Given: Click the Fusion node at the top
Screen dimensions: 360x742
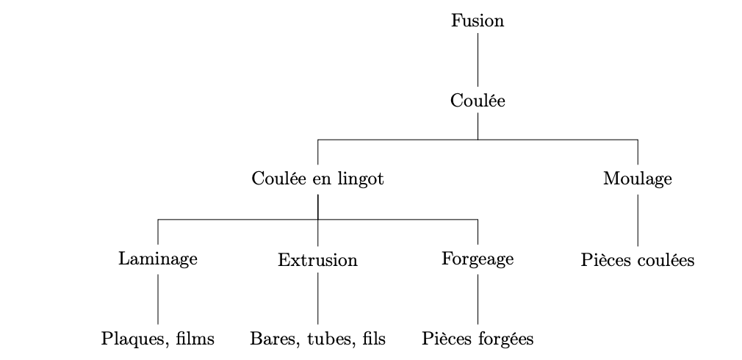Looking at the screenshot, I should [x=478, y=21].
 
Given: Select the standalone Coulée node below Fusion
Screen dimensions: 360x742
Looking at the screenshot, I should [x=478, y=101].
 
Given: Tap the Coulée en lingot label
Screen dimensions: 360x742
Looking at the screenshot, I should [x=317, y=179].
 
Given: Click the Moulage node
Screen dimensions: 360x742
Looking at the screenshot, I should [x=637, y=179].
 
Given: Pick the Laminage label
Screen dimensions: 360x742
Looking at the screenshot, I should [x=158, y=259].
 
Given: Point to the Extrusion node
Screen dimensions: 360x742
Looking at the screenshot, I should [x=317, y=260].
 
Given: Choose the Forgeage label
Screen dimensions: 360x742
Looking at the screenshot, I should [x=478, y=259].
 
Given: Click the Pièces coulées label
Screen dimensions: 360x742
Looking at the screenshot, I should [x=637, y=260].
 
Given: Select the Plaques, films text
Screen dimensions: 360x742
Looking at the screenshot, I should [x=158, y=339].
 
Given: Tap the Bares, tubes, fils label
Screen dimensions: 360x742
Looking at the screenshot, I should [x=317, y=339].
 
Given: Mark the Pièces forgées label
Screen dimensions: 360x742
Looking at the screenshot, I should [x=478, y=339].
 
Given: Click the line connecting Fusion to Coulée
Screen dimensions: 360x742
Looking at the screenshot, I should [x=478, y=60].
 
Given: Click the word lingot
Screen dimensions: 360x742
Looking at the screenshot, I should [x=362, y=180].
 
